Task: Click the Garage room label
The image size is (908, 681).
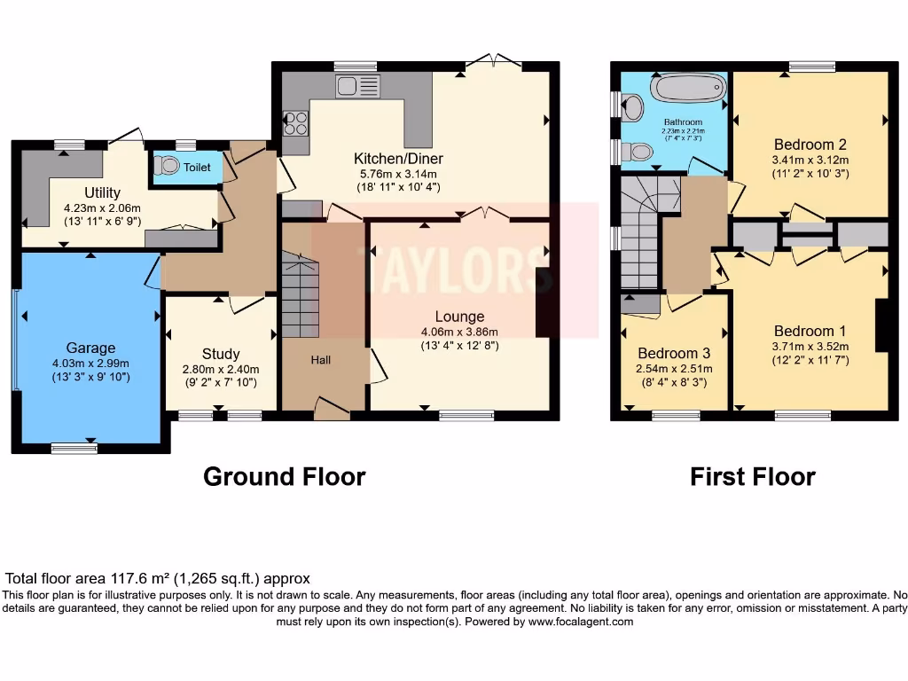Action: pos(90,348)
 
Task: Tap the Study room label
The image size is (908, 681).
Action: pos(221,354)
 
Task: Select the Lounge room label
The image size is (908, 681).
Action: pos(459,317)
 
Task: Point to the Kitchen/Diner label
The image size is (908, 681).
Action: pos(398,158)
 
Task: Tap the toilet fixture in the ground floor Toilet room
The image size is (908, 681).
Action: pos(167,166)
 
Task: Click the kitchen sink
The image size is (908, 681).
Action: pos(357,86)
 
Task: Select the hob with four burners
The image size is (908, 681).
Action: pos(296,121)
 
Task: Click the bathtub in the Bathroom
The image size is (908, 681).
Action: pos(689,90)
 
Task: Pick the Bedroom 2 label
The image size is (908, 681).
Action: pos(810,145)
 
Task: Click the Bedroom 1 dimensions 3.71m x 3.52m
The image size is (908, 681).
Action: pos(809,347)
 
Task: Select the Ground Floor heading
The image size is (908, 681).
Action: pos(284,476)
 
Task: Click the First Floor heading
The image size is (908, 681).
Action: pos(752,476)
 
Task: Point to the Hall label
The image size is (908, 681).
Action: pos(320,360)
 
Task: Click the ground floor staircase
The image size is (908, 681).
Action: pos(300,294)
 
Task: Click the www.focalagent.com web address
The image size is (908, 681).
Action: pos(582,622)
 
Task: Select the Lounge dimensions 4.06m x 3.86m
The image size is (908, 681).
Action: pos(459,333)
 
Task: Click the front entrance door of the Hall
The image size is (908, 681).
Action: pos(331,409)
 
